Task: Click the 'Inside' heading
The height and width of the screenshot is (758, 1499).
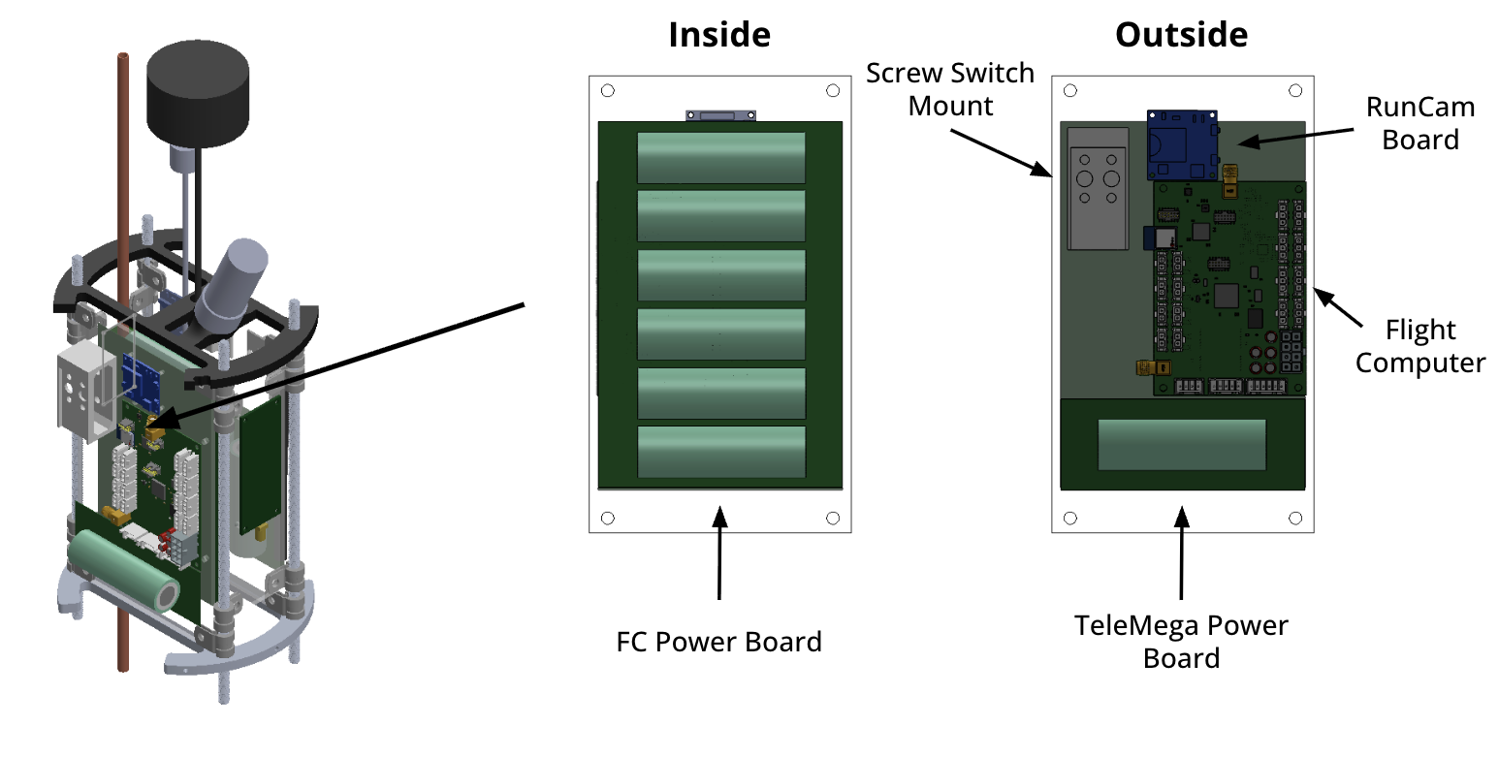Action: (x=718, y=35)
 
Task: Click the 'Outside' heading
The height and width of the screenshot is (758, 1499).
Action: (x=1181, y=35)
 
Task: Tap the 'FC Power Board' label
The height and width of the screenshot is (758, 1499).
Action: (x=718, y=642)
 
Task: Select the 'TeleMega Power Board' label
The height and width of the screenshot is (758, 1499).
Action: (x=1181, y=642)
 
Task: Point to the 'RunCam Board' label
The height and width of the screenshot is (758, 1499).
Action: (x=1419, y=123)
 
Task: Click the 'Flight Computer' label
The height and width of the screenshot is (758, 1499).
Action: (x=1419, y=347)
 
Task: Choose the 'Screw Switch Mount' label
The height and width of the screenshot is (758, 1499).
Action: (x=950, y=89)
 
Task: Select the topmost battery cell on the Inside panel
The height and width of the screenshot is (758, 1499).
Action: (x=720, y=157)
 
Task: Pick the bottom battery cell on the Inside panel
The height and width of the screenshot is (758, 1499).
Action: (x=720, y=452)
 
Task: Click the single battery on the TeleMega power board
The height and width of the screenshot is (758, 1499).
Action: (x=1182, y=445)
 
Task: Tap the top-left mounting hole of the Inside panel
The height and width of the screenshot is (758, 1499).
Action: (x=607, y=91)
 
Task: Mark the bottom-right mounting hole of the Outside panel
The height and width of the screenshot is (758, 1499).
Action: (x=1295, y=519)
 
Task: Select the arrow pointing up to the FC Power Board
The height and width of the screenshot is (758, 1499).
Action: (x=718, y=553)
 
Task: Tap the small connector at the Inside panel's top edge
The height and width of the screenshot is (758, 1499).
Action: (x=719, y=115)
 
